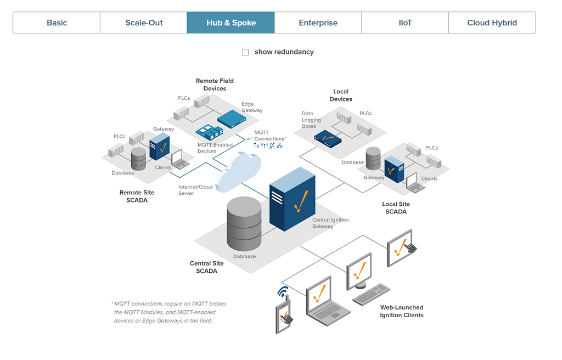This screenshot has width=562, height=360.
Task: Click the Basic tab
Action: [x=57, y=22]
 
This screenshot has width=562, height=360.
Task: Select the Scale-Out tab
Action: [x=144, y=22]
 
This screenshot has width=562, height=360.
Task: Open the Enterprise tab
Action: [x=318, y=22]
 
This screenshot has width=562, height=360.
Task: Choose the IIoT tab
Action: [x=405, y=22]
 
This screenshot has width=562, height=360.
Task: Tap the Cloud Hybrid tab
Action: [x=492, y=22]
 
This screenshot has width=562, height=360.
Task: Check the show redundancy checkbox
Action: [x=245, y=52]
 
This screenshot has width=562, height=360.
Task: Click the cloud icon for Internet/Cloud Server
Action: [x=238, y=171]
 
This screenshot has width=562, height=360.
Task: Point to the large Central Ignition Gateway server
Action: [x=292, y=198]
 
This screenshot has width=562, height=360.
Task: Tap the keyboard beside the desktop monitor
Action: [x=372, y=295]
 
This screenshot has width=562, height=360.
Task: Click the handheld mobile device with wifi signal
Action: [x=284, y=315]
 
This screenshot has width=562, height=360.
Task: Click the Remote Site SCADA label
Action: [x=137, y=196]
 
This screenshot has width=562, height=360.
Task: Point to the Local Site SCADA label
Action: [x=396, y=207]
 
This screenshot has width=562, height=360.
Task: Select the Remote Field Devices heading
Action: [x=215, y=85]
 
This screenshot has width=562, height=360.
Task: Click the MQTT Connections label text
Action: [x=269, y=136]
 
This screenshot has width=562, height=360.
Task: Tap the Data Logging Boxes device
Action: [x=328, y=138]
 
